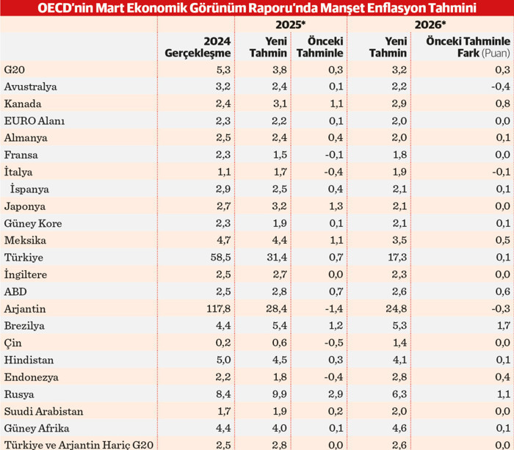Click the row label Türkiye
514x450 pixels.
tap(24, 258)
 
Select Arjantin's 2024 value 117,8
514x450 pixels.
tap(217, 309)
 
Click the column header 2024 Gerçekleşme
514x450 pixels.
tap(198, 47)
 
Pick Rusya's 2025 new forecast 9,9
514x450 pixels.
tap(277, 394)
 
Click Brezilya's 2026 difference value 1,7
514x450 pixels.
tap(502, 326)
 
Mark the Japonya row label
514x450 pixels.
tap(26, 206)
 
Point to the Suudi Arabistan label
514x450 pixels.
tap(44, 411)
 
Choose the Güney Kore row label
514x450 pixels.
tap(33, 223)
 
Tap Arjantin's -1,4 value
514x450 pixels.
tap(332, 309)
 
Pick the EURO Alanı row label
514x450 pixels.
tap(35, 120)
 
